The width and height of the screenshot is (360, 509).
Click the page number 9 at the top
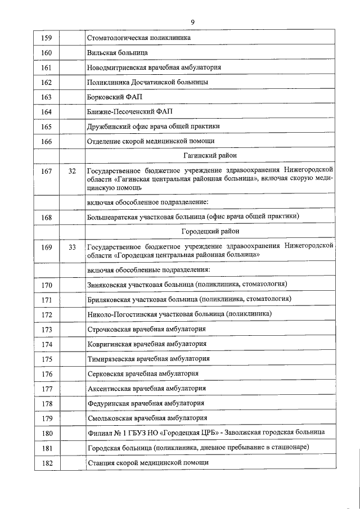(x=192, y=21)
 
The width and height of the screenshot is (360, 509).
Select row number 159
(x=47, y=38)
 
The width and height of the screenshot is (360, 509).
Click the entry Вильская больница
(x=118, y=53)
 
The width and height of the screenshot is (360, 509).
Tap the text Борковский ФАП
(x=114, y=97)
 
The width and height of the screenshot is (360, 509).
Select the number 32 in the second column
(x=71, y=170)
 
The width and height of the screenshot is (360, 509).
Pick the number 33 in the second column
(x=71, y=246)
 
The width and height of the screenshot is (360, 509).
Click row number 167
(x=47, y=170)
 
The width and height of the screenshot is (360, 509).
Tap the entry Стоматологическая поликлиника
(x=138, y=38)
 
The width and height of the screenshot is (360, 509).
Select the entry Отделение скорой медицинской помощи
(x=151, y=141)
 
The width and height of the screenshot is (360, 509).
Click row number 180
(x=47, y=433)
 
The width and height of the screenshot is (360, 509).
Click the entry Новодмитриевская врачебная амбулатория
(x=154, y=67)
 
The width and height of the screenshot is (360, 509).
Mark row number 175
(x=47, y=359)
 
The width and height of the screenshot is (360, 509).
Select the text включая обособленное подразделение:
(x=148, y=201)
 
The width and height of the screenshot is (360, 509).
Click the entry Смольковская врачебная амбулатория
(x=147, y=418)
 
